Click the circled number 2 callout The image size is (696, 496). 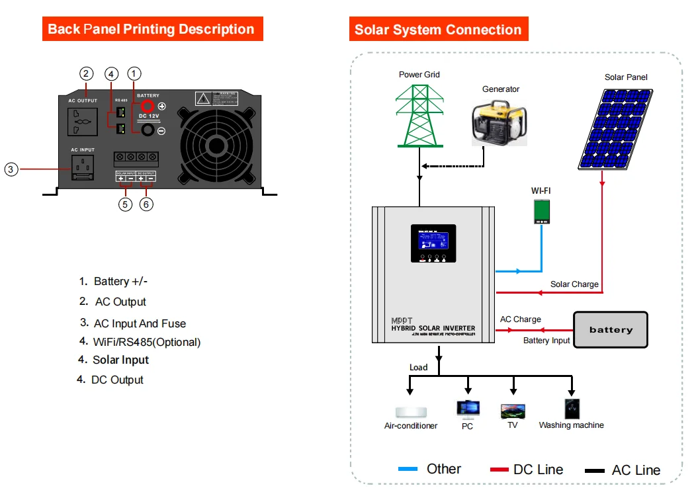tap(86, 73)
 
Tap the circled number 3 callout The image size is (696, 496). tap(11, 169)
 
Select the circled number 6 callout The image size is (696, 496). tap(147, 204)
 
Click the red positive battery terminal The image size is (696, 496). tap(148, 106)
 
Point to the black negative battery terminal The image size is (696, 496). tap(148, 131)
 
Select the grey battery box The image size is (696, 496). tap(610, 329)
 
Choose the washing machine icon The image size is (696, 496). tap(572, 409)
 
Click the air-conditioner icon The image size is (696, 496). tap(411, 411)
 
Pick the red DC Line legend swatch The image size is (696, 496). tap(499, 470)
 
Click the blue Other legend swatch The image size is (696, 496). tap(408, 470)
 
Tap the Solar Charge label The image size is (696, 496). tap(574, 284)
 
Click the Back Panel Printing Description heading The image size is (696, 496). tap(152, 30)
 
